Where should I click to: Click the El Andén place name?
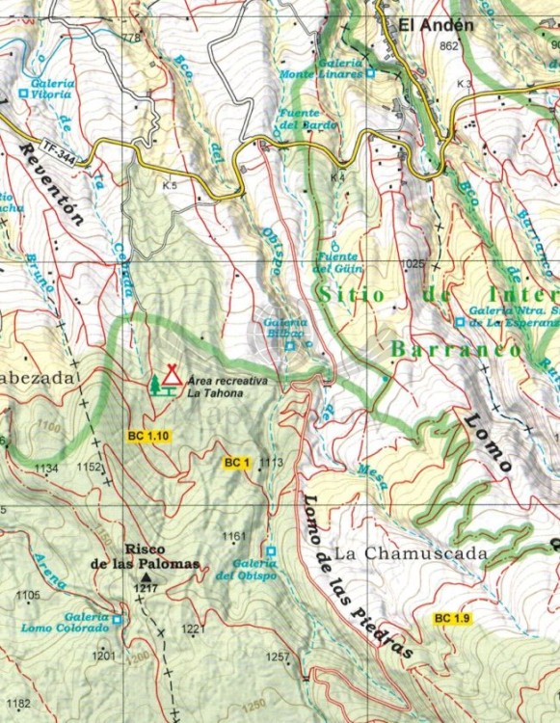[439, 26]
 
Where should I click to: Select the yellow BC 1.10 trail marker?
[148, 437]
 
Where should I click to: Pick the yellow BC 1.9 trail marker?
[451, 618]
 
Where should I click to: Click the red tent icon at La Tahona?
[173, 374]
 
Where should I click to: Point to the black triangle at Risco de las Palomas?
[146, 576]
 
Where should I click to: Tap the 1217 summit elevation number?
[146, 588]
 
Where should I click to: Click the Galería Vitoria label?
[50, 89]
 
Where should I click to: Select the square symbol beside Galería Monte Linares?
[369, 72]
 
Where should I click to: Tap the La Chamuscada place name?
[411, 554]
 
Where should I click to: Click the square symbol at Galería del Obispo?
[271, 551]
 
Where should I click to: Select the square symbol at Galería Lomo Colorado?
[118, 620]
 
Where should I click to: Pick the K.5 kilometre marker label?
[171, 184]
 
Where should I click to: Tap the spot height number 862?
[447, 46]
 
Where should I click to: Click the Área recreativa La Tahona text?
[227, 387]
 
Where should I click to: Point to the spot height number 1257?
[278, 657]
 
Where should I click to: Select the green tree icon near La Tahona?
[155, 386]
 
